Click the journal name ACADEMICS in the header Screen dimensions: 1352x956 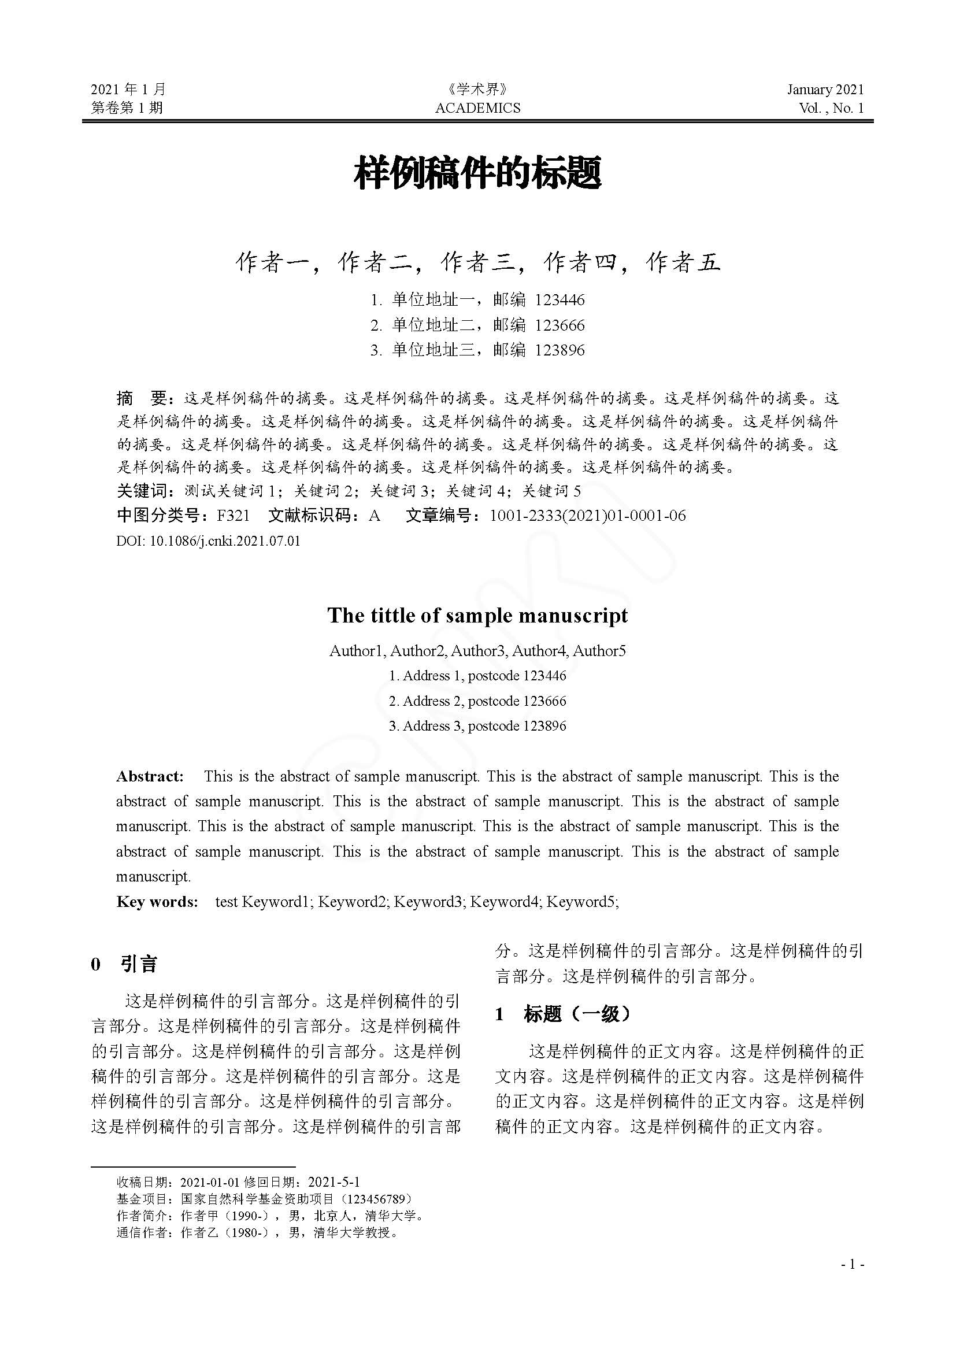click(x=477, y=108)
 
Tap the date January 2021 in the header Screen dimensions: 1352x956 click(x=825, y=90)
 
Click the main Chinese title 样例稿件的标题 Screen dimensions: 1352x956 click(x=477, y=173)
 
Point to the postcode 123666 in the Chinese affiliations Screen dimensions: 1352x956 click(x=560, y=325)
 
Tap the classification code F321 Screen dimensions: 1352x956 click(x=233, y=516)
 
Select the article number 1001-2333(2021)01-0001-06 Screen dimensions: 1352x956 click(x=587, y=516)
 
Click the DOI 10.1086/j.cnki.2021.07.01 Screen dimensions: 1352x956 click(x=225, y=540)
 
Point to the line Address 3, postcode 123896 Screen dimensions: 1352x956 click(x=477, y=725)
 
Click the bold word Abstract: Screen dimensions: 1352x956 click(x=150, y=776)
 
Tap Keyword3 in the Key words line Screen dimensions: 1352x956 click(x=427, y=902)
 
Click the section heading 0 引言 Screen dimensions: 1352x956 click(x=124, y=964)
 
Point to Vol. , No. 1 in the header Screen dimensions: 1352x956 click(x=831, y=108)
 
